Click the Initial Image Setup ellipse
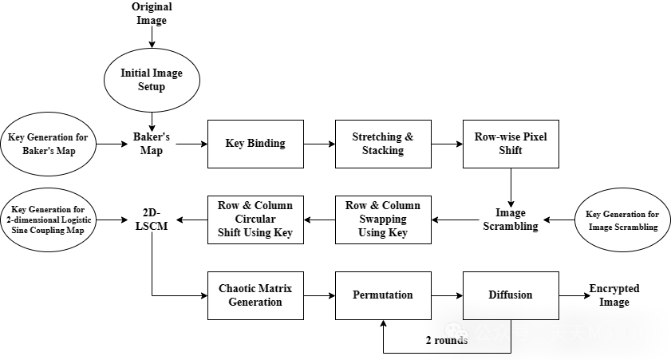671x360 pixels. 152,79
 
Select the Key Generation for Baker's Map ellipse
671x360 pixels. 48,144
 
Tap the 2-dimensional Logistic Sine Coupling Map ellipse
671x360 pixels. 48,219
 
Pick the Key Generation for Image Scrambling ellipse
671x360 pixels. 622,220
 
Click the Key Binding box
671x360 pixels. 255,144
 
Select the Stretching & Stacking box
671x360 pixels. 383,144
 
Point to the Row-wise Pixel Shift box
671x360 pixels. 511,144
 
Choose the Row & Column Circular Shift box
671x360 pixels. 255,220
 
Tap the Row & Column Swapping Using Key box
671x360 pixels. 383,220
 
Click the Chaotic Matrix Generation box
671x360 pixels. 255,295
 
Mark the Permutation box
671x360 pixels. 383,295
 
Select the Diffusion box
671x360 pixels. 511,295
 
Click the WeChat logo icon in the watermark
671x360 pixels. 457,332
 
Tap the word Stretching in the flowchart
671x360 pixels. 377,137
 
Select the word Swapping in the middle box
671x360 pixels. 383,220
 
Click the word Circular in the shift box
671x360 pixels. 255,220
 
